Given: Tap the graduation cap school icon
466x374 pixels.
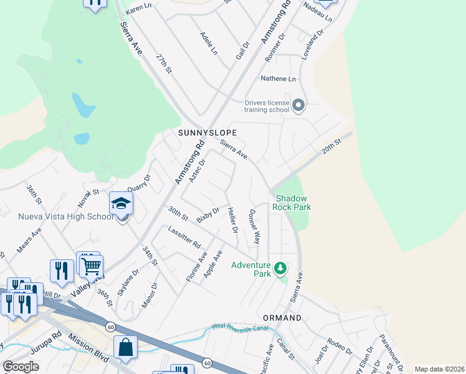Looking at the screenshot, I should coord(121,203).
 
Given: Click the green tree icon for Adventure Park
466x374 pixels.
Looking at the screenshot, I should coord(281,268).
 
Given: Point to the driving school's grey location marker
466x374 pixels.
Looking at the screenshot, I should coord(298,105).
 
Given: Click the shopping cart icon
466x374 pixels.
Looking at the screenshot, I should coord(92,266).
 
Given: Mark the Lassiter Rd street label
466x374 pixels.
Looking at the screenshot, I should coord(184,235).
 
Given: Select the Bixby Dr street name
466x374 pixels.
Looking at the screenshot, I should coord(207,214).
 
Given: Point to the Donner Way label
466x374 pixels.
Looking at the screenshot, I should coord(254,226).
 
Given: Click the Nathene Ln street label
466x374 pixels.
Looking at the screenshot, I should coord(278,79).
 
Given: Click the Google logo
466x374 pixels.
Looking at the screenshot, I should coord(21,366).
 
